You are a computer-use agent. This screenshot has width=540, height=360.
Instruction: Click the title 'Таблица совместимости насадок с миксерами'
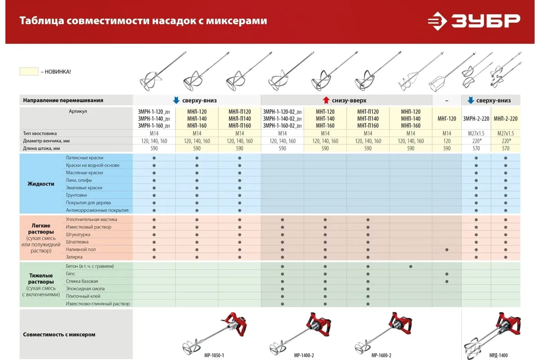143,21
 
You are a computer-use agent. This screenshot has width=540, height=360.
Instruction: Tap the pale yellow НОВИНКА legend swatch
29,72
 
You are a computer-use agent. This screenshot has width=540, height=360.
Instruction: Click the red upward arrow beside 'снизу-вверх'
326,100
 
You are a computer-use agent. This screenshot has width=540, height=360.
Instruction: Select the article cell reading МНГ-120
446,119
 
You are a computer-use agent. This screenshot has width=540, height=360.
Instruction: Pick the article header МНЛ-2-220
505,119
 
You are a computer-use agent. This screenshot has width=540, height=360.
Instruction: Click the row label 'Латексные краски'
85,158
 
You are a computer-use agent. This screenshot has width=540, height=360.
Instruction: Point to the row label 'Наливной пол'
81,249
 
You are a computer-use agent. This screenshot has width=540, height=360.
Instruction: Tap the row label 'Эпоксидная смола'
85,289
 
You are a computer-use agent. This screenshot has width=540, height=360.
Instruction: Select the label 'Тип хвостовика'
40,133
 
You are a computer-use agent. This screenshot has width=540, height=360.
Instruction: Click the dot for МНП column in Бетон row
411,266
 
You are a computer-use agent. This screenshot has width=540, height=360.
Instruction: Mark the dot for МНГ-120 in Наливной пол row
446,249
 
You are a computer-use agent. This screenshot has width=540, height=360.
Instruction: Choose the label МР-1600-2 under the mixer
381,355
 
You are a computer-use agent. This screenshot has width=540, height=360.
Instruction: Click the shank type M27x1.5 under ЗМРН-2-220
476,133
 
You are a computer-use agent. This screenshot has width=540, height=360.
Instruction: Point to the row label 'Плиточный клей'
83,296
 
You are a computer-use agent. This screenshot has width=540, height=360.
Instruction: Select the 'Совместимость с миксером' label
59,334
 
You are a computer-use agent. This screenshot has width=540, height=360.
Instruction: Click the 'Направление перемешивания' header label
63,100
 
